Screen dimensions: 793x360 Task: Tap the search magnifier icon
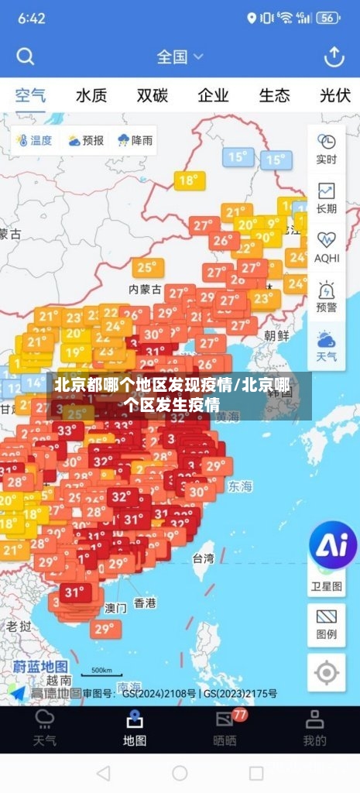(x=26, y=57)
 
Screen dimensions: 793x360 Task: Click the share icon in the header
(x=334, y=57)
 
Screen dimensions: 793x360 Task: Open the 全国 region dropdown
(x=180, y=57)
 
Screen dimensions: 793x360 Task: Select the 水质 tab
(x=91, y=95)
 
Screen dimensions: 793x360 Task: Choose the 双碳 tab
(x=153, y=95)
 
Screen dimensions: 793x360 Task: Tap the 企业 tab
(x=213, y=95)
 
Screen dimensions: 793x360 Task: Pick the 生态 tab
(x=274, y=95)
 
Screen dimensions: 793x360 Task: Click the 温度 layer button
(x=33, y=140)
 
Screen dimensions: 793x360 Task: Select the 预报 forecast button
(x=85, y=140)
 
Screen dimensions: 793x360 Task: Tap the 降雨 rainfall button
(x=135, y=140)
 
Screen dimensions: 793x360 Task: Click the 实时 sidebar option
(x=326, y=148)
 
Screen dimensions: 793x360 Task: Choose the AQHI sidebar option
(x=326, y=247)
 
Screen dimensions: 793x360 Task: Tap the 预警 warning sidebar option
(x=326, y=297)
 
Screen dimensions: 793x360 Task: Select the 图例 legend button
(x=326, y=623)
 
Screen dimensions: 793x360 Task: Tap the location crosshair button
(x=326, y=673)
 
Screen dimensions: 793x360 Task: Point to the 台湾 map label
(x=203, y=558)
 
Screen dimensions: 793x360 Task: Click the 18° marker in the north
(x=188, y=181)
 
